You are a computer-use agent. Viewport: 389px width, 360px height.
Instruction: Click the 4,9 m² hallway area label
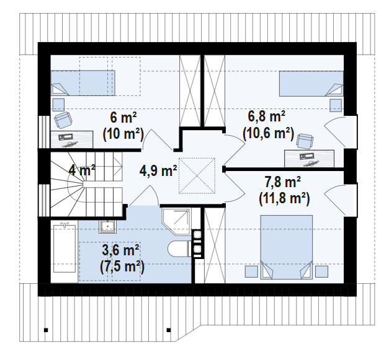(158, 171)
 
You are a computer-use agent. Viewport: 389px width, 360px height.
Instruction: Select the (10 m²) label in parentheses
(123, 134)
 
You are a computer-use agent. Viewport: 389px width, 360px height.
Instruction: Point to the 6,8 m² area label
(266, 116)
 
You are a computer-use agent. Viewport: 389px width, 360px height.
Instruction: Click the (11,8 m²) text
(284, 199)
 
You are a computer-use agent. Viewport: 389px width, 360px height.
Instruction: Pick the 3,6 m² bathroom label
(120, 250)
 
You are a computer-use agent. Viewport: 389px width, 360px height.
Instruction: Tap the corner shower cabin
(177, 222)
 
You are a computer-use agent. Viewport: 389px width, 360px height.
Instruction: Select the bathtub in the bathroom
(65, 248)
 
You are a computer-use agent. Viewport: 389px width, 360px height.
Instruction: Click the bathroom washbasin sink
(108, 226)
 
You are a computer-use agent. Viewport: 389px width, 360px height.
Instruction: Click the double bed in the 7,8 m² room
(286, 247)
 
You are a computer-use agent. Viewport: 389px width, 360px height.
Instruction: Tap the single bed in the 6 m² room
(83, 83)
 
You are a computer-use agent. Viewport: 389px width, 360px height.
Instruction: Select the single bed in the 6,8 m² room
(311, 84)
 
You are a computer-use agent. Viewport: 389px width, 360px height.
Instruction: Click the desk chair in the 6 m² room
(63, 120)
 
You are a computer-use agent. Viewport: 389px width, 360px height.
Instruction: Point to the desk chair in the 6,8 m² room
(305, 141)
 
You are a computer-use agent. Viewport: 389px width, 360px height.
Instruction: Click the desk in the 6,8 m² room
(309, 159)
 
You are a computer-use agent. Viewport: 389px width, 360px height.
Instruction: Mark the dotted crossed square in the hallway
(197, 176)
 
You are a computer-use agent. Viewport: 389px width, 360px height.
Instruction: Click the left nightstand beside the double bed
(251, 272)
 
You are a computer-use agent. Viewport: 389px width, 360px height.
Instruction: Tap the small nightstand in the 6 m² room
(58, 105)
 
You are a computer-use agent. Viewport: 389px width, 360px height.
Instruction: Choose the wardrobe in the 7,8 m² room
(215, 245)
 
